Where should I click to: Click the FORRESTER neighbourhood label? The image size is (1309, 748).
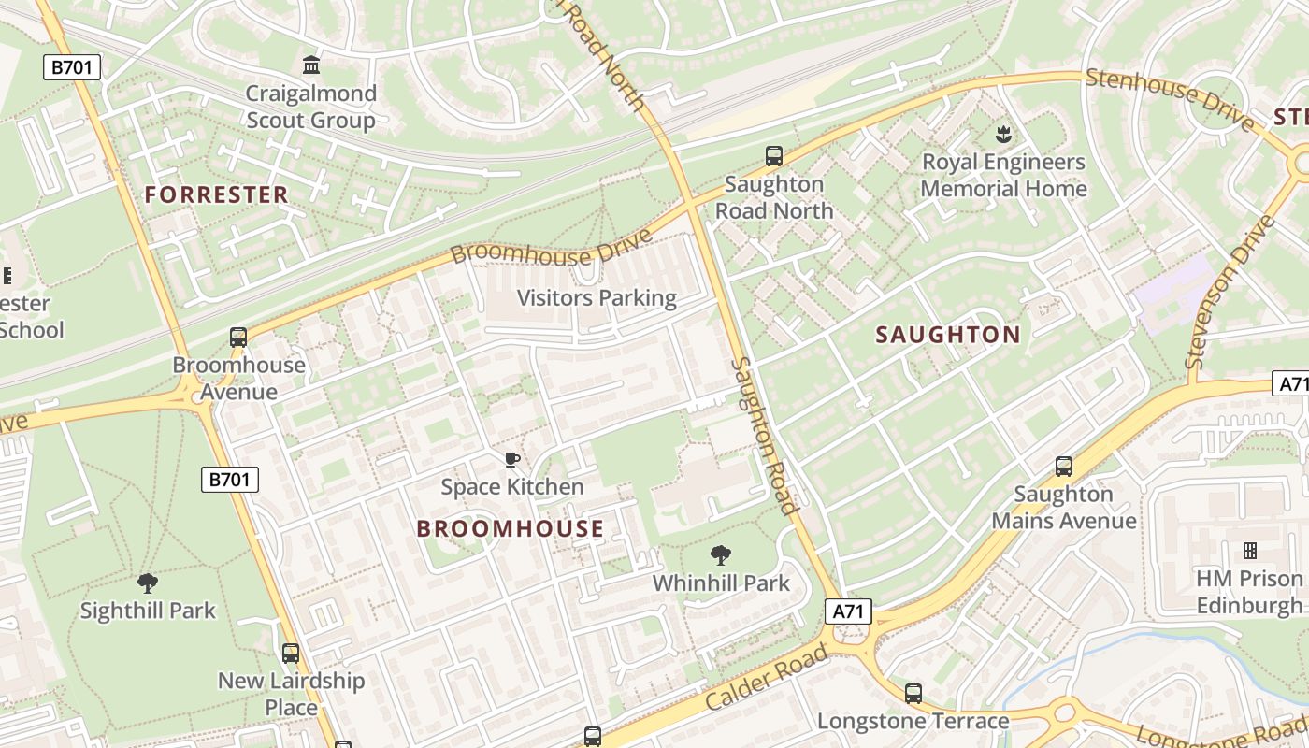[216, 194]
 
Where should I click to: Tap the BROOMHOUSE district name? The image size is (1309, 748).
[510, 528]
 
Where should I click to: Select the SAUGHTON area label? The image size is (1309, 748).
[947, 335]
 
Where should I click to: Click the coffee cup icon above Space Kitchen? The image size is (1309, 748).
[511, 459]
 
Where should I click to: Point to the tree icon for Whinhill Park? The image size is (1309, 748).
[720, 555]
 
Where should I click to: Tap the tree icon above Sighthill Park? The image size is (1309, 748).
[148, 583]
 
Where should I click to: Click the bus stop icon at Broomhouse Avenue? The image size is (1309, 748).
[238, 338]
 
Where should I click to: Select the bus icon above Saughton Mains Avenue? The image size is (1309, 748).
[1063, 466]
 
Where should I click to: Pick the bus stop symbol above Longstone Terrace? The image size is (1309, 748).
[913, 694]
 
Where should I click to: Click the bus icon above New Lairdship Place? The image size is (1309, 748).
[291, 653]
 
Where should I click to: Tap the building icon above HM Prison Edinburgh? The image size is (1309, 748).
[1249, 551]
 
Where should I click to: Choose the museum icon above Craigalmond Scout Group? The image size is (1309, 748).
[311, 65]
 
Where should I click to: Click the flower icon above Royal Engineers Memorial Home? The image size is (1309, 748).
[1003, 134]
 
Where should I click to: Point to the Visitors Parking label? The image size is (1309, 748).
[597, 298]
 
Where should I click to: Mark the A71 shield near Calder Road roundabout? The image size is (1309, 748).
[848, 611]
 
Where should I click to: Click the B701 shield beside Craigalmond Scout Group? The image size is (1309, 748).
[72, 66]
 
